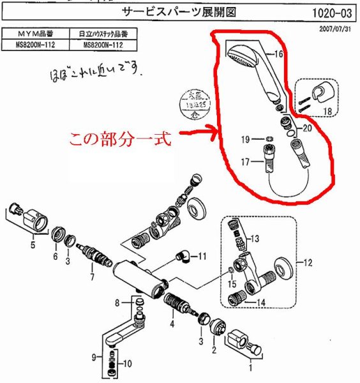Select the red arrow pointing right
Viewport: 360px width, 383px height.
[x=195, y=134]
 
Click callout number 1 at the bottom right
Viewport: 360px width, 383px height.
[x=250, y=368]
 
